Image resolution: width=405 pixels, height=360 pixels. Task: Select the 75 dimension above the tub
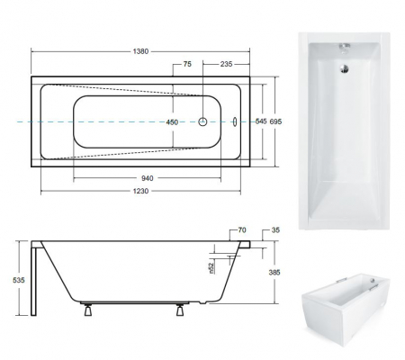[x=187, y=65]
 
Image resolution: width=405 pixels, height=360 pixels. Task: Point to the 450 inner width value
[x=170, y=121]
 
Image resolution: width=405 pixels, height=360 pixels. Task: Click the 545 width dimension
[x=260, y=121]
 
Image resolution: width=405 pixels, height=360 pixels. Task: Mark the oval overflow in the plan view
[x=236, y=121]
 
